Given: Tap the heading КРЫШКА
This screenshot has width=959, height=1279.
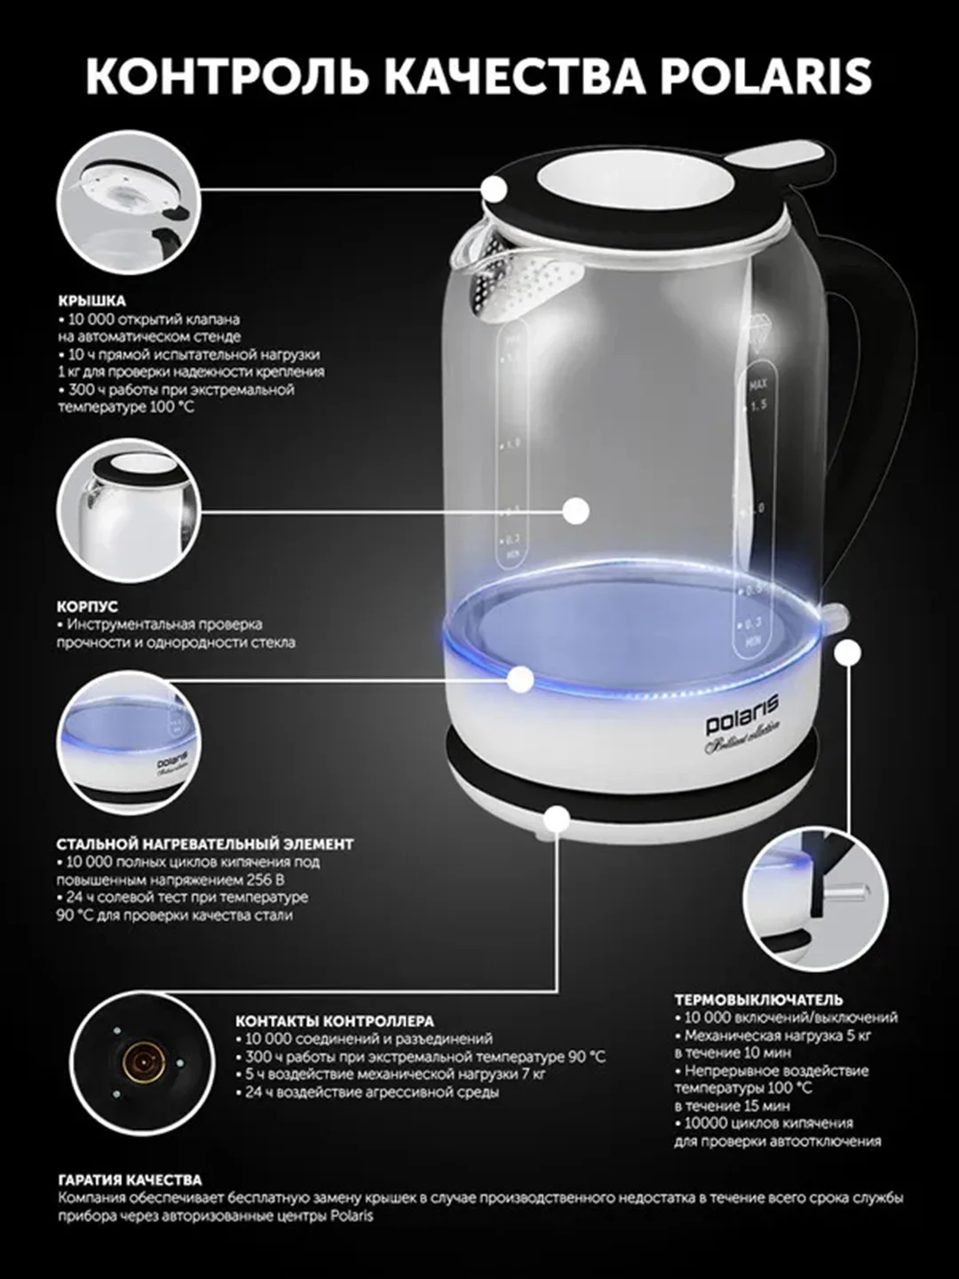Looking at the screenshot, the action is coord(92,301).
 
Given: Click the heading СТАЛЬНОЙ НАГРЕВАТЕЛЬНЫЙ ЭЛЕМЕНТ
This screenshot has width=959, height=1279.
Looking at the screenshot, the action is coord(205,844).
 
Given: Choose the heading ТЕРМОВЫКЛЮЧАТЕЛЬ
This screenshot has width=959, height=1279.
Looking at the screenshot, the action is coord(758,999).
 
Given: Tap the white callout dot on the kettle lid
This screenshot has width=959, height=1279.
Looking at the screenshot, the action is coord(495,189).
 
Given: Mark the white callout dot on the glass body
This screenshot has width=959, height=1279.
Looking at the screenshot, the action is coord(576,511).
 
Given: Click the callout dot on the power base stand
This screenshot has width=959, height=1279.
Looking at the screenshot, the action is coord(558,819).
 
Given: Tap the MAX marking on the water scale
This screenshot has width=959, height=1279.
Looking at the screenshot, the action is coord(759,385).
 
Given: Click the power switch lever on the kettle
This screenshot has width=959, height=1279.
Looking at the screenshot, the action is coord(834,614).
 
